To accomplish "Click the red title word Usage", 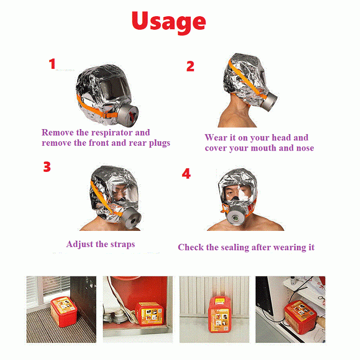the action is [169, 22].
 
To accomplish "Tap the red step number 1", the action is [52, 63].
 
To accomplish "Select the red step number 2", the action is [190, 66].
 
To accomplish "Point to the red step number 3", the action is [47, 166].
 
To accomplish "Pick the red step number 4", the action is [186, 174].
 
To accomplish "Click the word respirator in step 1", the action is [112, 133].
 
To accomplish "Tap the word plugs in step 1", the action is [159, 143].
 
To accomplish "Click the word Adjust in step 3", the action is [80, 244].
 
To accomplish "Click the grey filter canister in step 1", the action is [128, 116].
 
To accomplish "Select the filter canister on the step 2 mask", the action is [270, 101].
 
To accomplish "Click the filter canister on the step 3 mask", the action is [130, 219].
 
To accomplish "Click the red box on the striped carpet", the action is [63, 311].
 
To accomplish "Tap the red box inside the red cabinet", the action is [149, 314].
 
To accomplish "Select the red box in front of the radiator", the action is [220, 314].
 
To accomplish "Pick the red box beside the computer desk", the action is [301, 317].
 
